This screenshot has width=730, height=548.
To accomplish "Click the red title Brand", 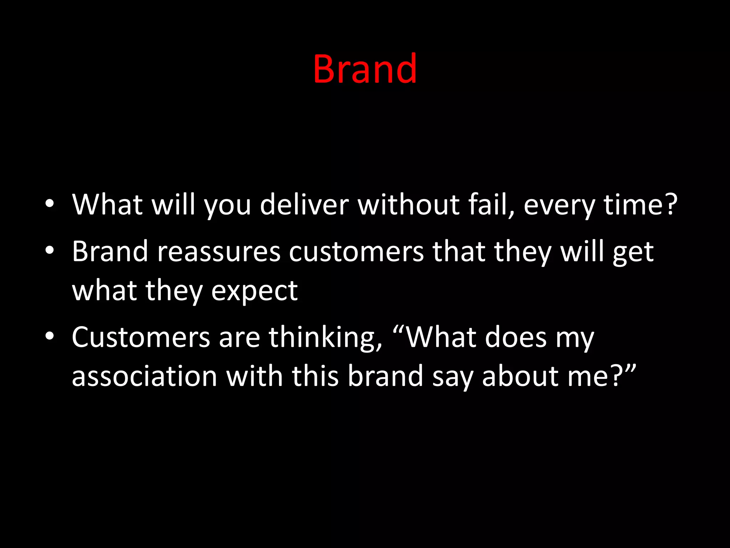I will [x=365, y=68].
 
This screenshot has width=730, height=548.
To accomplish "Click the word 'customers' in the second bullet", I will [x=356, y=252].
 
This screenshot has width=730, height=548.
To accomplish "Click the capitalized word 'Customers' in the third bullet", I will [x=141, y=337].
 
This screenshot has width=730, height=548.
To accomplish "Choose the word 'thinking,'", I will [x=325, y=338].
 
